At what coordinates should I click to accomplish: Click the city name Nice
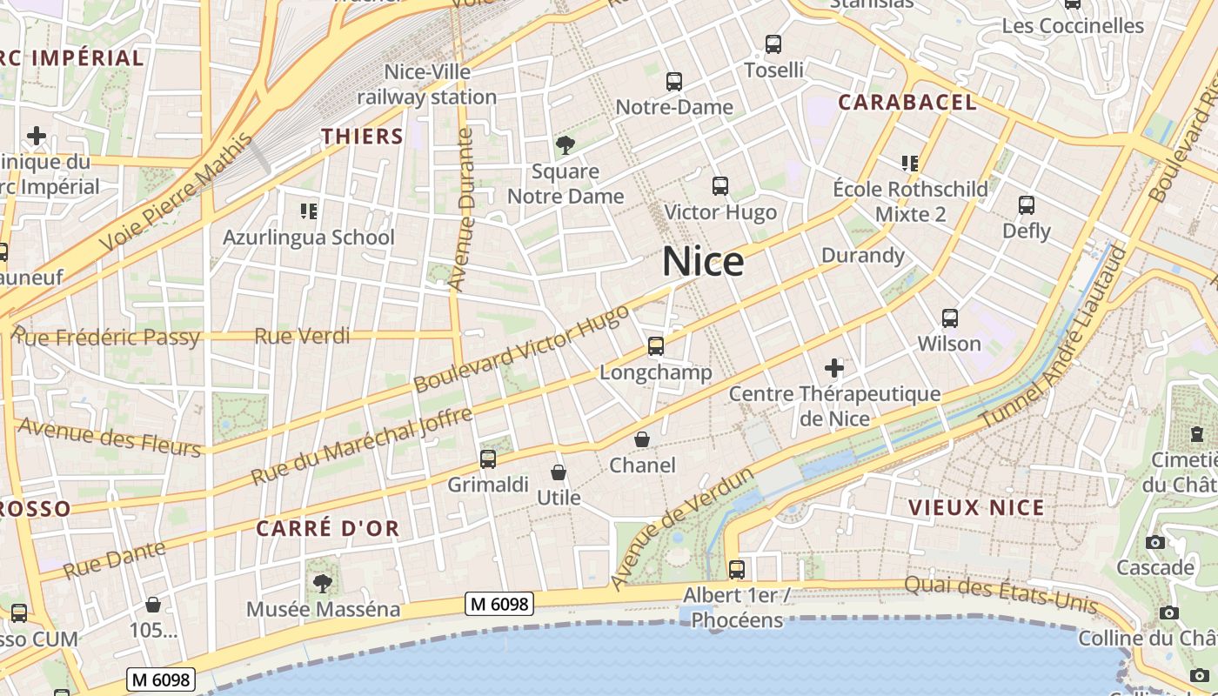click(x=703, y=261)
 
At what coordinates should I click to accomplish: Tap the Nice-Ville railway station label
click(x=427, y=84)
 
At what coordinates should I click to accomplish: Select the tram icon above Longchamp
click(x=656, y=346)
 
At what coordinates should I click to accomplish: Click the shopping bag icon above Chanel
click(x=642, y=439)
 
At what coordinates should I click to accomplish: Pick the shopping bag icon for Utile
click(x=559, y=472)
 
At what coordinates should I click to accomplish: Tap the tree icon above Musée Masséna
click(x=323, y=583)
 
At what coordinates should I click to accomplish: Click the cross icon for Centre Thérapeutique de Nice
click(x=834, y=368)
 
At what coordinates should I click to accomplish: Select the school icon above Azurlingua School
click(x=308, y=211)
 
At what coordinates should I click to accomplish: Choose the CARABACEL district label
click(x=907, y=102)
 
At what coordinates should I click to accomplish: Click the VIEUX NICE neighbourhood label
click(x=976, y=507)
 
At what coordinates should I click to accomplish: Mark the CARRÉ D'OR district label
click(x=328, y=527)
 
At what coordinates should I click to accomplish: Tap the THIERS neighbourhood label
click(x=363, y=136)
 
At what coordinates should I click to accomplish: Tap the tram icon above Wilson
click(x=950, y=318)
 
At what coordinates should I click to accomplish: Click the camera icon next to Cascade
click(x=1155, y=542)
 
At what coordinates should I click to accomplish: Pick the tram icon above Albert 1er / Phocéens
click(x=737, y=570)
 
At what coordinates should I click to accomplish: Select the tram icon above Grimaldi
click(x=488, y=458)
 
